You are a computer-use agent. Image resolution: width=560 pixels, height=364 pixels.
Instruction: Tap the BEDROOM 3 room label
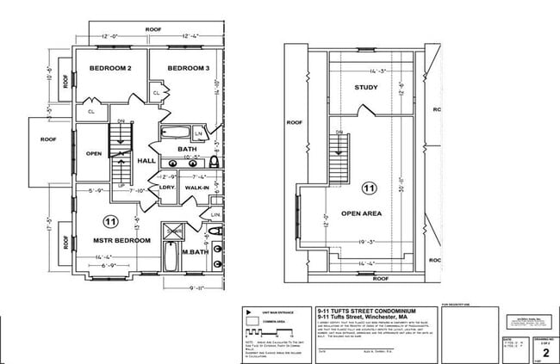coord(189,68)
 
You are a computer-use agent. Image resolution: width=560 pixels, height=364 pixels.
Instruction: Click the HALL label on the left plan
coord(146,161)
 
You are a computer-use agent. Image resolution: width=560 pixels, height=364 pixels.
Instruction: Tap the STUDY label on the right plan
coord(367,88)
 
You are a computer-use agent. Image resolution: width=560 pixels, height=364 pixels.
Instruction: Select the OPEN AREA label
coord(362,213)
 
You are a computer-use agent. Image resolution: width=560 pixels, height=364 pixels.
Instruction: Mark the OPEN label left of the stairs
coord(94,154)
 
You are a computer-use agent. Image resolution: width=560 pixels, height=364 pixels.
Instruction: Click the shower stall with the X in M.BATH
coord(173,231)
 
